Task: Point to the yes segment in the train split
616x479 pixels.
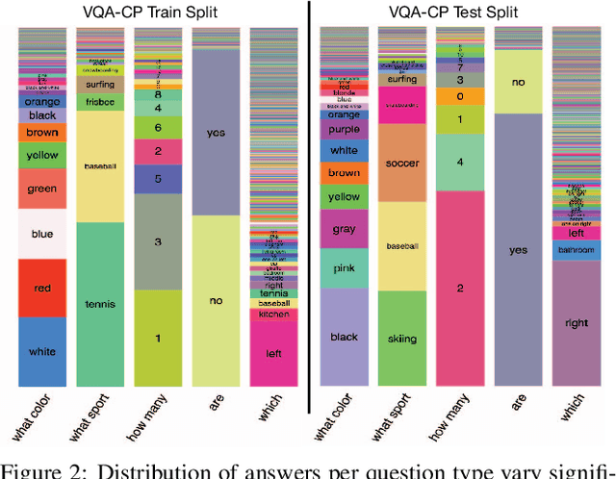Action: [x=217, y=132]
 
